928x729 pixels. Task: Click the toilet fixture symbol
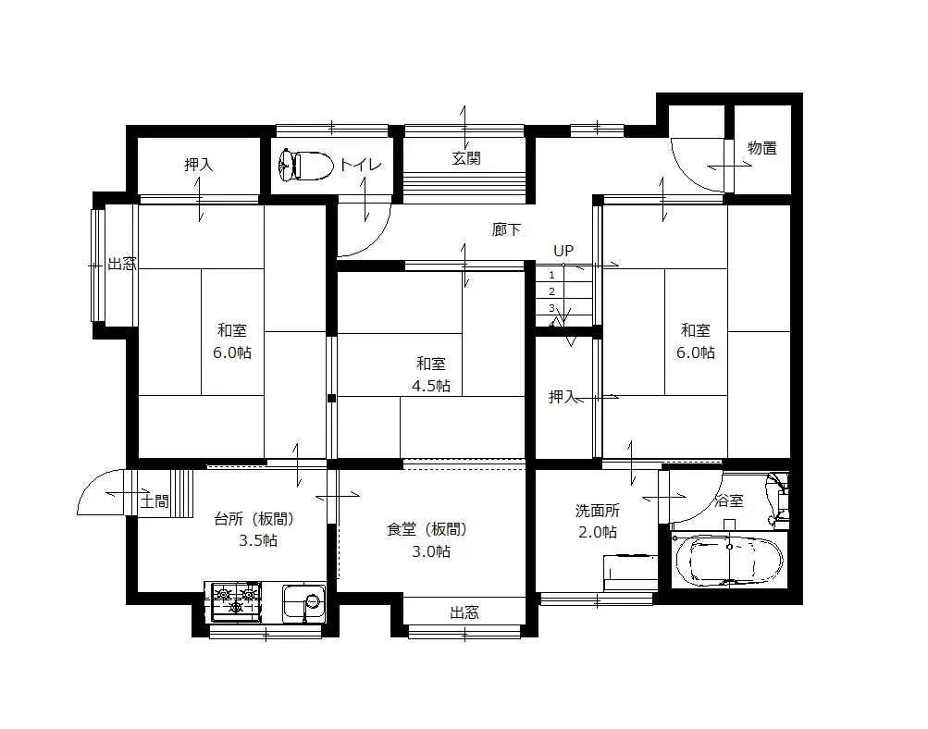click(x=304, y=165)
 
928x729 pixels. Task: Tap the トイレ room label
click(x=360, y=165)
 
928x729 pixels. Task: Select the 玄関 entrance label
click(x=466, y=158)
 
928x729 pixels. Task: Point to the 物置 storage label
click(x=762, y=148)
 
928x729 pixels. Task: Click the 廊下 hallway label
click(x=506, y=230)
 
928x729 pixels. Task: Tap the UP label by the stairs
click(x=563, y=251)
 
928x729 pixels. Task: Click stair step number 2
click(x=551, y=291)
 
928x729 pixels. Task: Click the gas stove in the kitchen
click(x=235, y=601)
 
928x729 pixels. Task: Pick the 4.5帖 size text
click(x=431, y=386)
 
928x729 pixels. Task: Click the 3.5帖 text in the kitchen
click(x=257, y=541)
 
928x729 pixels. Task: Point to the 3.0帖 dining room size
click(x=431, y=551)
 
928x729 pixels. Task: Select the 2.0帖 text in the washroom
click(x=597, y=532)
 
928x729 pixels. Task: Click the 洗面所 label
click(x=597, y=510)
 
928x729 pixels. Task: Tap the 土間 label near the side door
click(x=155, y=501)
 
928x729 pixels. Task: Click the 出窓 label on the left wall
click(x=121, y=264)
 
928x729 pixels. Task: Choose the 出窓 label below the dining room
click(x=464, y=612)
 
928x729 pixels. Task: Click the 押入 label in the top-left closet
click(x=199, y=165)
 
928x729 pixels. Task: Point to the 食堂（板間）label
click(x=427, y=529)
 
